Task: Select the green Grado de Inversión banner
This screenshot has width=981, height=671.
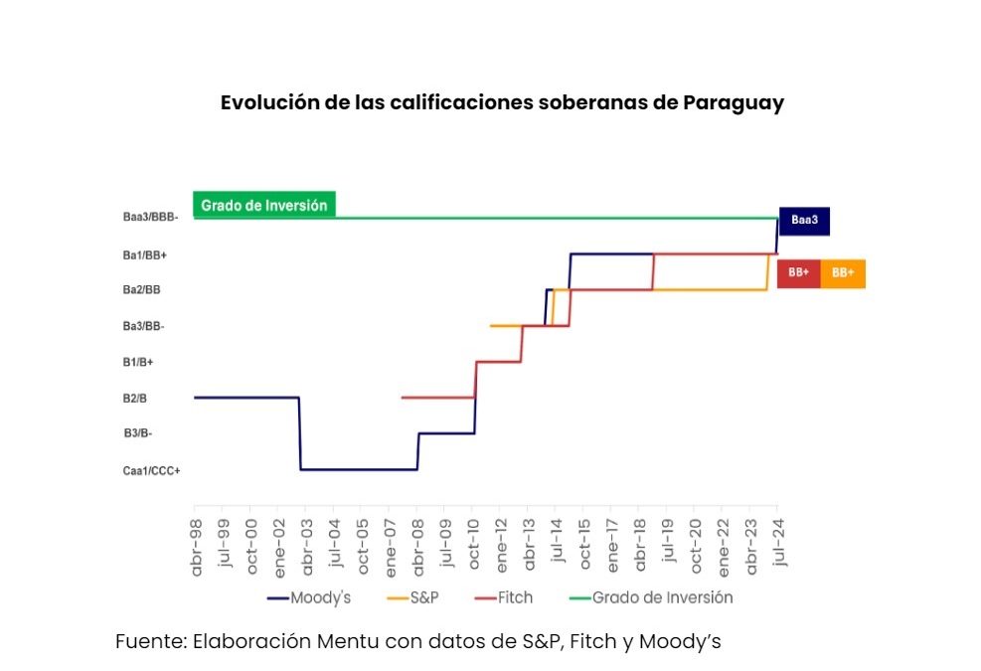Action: click(x=263, y=206)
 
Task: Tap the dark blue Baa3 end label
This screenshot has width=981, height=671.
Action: click(x=804, y=221)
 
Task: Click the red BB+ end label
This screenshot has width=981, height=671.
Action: click(x=798, y=272)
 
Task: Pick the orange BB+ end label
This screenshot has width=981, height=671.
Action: click(x=843, y=272)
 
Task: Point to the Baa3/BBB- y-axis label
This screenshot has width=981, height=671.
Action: click(x=151, y=218)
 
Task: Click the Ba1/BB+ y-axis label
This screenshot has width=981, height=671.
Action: click(x=145, y=254)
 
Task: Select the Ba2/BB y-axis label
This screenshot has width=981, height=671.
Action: click(x=142, y=290)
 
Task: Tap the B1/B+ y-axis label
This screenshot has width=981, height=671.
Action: click(x=138, y=362)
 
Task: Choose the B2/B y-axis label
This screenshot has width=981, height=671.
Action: click(x=135, y=398)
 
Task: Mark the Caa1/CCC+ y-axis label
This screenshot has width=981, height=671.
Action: click(x=151, y=470)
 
